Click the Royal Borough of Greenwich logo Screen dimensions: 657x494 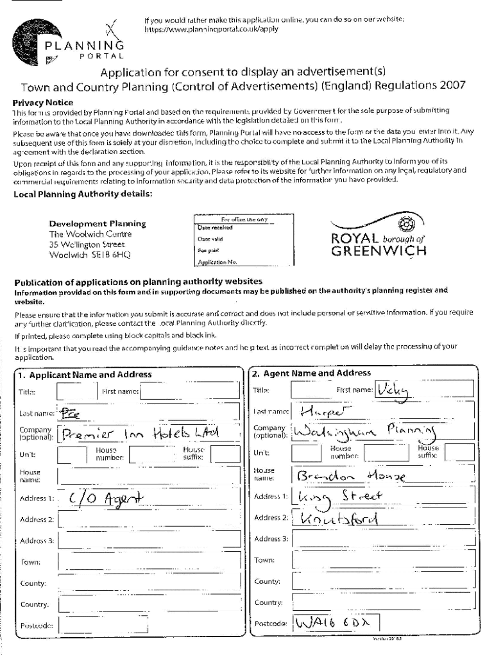[x=378, y=237]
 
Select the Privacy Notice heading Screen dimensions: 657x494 [x=43, y=103]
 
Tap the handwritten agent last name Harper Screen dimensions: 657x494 [x=327, y=411]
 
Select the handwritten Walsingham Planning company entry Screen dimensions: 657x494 [x=363, y=432]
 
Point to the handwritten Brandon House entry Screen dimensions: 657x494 [x=350, y=475]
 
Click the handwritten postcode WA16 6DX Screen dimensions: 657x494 [x=335, y=623]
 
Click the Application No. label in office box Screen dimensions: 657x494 [x=217, y=262]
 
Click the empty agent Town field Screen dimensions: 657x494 [x=382, y=560]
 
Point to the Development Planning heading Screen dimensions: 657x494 [x=98, y=224]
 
